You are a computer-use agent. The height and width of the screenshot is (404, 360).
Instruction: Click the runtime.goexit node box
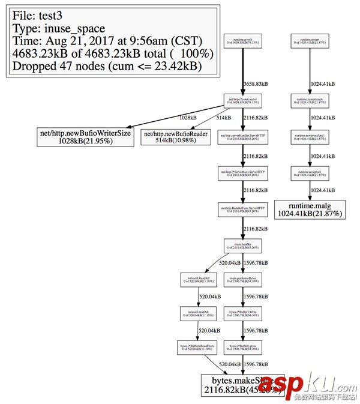click(242, 41)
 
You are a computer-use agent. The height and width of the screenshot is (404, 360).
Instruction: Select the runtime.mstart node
click(309, 41)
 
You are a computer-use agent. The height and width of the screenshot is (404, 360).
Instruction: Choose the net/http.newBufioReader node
click(175, 136)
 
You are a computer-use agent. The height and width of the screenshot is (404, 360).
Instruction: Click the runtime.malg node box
click(310, 208)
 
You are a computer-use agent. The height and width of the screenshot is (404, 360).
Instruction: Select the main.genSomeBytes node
click(242, 279)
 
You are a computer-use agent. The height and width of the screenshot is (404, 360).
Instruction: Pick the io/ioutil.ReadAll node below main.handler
click(197, 279)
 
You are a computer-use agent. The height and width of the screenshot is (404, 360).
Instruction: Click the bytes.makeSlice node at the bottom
click(242, 385)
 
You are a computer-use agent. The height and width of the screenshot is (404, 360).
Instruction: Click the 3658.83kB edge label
click(256, 83)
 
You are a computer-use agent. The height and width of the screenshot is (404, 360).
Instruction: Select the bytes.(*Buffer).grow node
click(242, 347)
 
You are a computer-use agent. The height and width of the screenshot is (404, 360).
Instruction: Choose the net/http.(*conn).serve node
click(242, 100)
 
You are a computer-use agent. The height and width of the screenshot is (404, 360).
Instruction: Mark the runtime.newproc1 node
click(309, 173)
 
